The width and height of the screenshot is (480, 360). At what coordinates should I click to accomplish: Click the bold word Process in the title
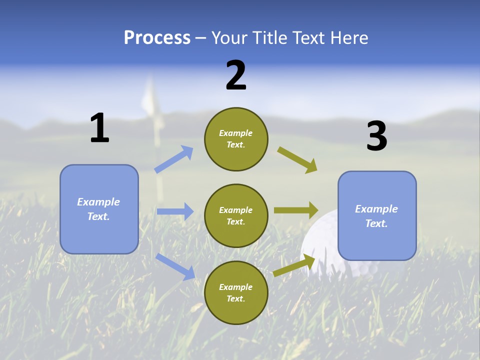(x=157, y=38)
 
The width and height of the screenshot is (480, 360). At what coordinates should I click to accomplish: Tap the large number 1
(x=99, y=128)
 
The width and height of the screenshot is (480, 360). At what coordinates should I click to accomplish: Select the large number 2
(x=236, y=75)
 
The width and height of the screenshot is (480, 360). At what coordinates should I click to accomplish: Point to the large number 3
(x=376, y=136)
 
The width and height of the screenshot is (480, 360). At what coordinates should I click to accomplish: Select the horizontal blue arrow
(x=175, y=211)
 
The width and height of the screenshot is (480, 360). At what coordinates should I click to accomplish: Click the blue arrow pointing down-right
(x=175, y=266)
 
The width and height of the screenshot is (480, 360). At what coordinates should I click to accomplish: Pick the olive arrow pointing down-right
(x=297, y=160)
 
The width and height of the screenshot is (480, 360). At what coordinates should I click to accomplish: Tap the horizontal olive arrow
(x=296, y=210)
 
